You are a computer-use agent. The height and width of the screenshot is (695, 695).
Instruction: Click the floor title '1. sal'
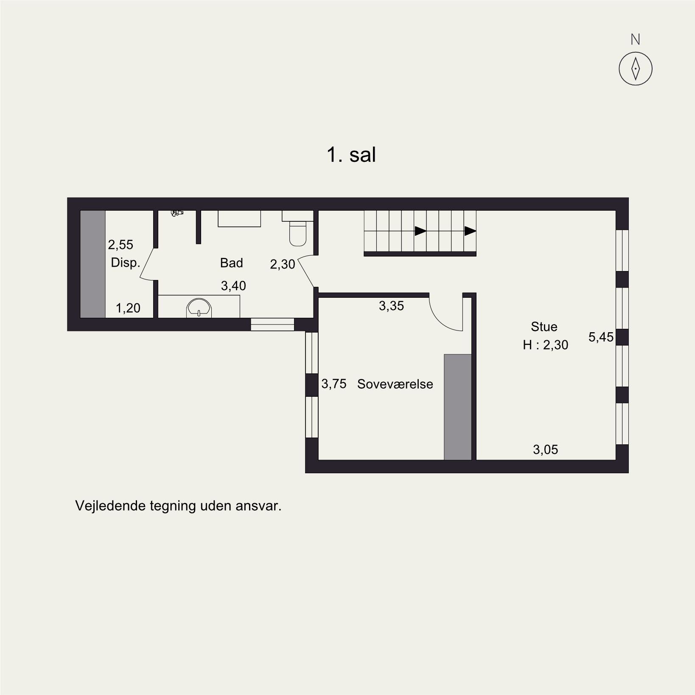(351, 155)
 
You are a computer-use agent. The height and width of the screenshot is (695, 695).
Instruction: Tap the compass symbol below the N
(635, 68)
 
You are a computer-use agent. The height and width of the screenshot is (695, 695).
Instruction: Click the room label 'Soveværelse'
(395, 384)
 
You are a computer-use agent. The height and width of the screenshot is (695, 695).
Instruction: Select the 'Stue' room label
(544, 327)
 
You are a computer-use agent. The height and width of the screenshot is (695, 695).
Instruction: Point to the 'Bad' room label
(231, 263)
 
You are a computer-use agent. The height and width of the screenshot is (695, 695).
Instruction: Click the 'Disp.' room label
(125, 263)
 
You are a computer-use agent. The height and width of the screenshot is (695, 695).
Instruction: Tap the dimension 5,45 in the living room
(601, 337)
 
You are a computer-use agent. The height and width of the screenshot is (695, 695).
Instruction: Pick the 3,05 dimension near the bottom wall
(545, 449)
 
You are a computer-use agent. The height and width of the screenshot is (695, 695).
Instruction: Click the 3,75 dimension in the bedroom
(334, 384)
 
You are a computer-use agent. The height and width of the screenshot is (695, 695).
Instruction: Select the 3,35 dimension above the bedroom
(391, 306)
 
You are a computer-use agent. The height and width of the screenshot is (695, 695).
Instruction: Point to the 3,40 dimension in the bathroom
(233, 286)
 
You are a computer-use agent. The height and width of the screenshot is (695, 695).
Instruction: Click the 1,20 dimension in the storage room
(128, 308)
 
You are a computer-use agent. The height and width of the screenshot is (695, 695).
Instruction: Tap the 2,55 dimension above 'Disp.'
(121, 245)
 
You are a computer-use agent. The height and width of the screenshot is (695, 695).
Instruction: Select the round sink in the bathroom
(199, 308)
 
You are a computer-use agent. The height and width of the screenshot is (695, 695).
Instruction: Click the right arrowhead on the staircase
(470, 231)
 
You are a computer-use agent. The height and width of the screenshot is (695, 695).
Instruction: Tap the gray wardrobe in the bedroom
(458, 407)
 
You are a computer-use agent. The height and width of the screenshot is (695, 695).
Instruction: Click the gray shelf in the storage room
(93, 264)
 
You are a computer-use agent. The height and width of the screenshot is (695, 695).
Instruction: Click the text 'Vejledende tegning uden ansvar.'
(178, 506)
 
